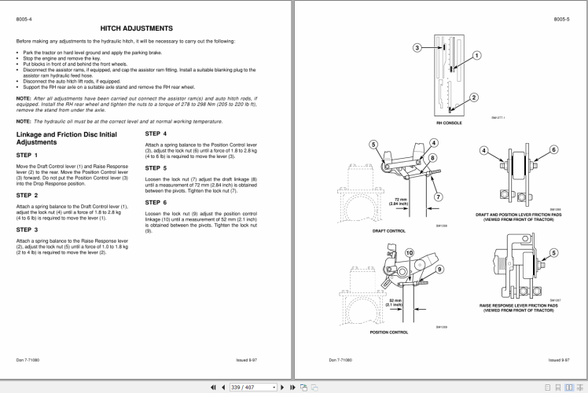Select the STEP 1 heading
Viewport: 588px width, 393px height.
click(28, 156)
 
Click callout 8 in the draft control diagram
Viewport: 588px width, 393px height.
click(432, 158)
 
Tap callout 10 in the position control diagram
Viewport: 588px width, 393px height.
click(408, 252)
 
